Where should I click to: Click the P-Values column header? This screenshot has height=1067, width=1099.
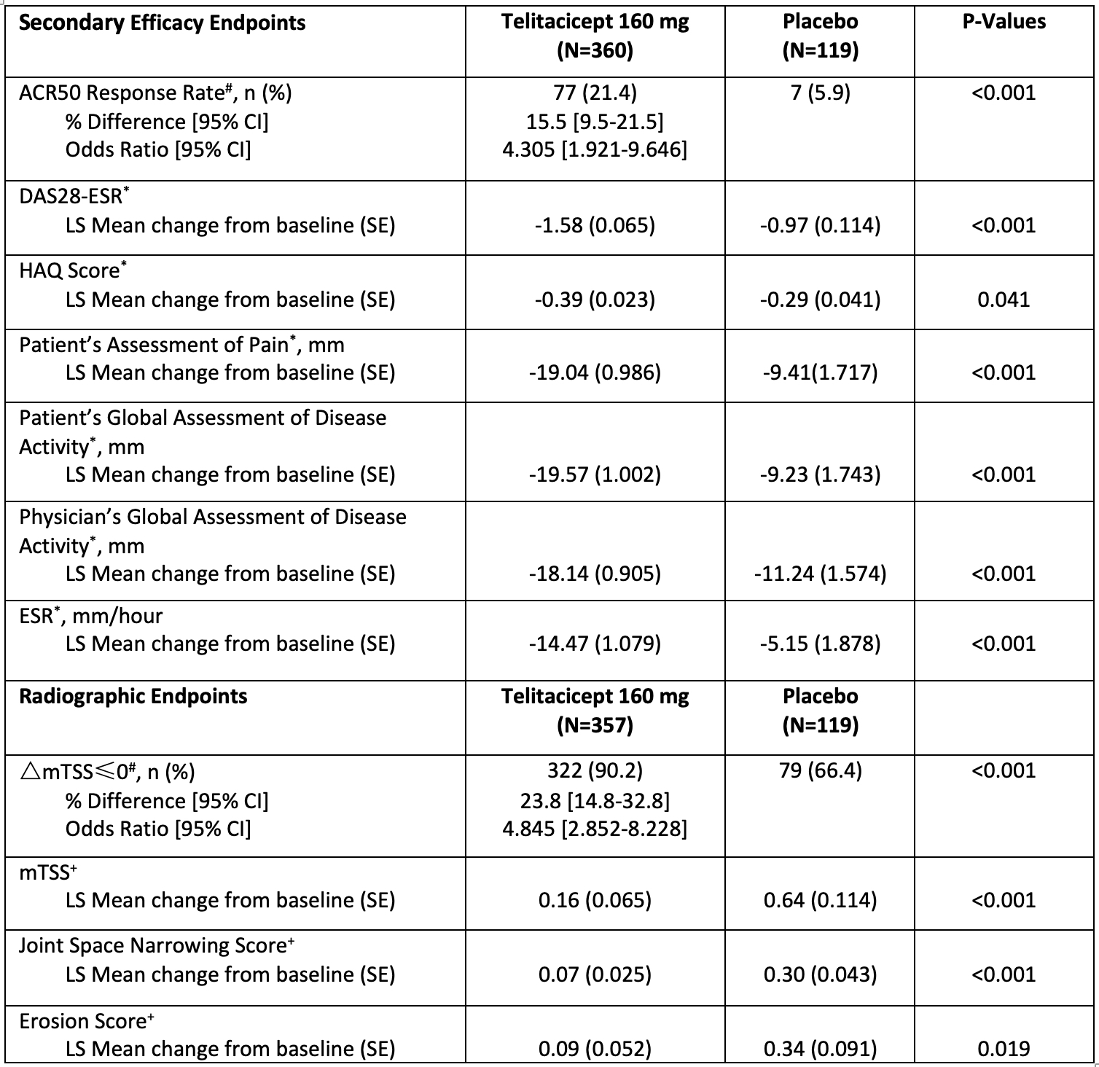[x=1004, y=22]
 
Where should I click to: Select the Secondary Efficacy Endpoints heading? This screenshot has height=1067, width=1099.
[x=162, y=23]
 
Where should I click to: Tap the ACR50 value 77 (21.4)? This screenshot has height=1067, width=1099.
[x=595, y=93]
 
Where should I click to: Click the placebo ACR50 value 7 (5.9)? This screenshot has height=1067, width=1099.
[x=820, y=93]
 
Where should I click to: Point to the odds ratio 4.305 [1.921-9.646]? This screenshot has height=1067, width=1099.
[x=595, y=149]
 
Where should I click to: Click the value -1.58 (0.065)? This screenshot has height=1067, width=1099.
[x=595, y=225]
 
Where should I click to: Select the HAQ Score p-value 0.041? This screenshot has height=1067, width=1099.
[x=1004, y=300]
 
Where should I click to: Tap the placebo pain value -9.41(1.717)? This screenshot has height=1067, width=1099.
[x=820, y=372]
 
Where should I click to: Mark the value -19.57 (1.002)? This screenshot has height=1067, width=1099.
[x=595, y=474]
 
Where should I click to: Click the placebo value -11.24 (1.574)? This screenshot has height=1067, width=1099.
[x=820, y=574]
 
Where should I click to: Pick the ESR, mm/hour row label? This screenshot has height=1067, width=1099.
[x=91, y=616]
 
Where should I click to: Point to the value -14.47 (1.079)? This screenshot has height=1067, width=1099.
[x=595, y=644]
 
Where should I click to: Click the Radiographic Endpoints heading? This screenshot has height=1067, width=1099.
[x=133, y=696]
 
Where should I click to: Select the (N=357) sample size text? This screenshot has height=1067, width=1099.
[x=595, y=724]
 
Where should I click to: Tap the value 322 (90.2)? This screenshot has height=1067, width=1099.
[x=595, y=770]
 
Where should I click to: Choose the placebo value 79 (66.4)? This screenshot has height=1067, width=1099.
[x=820, y=770]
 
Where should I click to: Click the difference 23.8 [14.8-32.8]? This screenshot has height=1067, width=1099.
[x=595, y=801]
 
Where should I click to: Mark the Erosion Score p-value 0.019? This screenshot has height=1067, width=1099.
[x=1004, y=1049]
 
